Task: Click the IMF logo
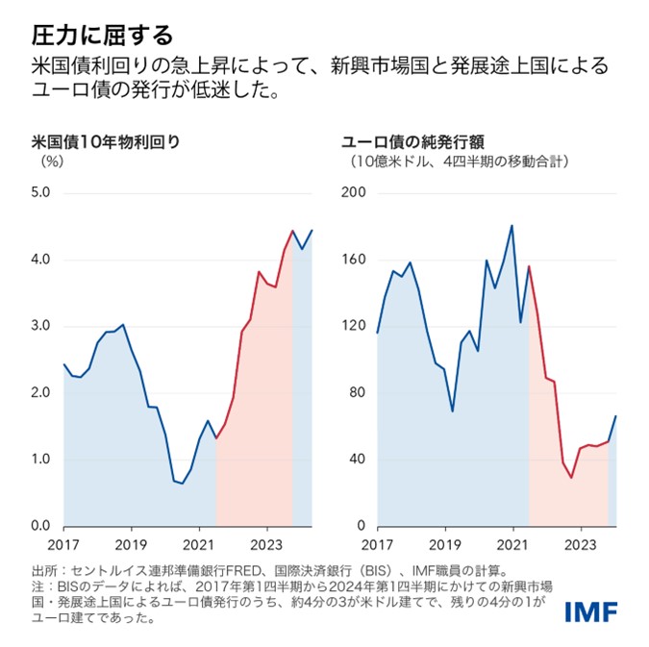pos(591,611)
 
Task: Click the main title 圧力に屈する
pos(102,36)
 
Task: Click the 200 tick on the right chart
pos(354,193)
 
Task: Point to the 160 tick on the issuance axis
pos(354,260)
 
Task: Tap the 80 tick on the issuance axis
pos(356,393)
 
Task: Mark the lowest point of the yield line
pos(182,484)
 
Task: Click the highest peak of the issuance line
pos(512,226)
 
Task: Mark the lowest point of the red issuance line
pos(571,478)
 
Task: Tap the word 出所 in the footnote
pos(45,569)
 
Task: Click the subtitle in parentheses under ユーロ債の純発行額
pos(459,162)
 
